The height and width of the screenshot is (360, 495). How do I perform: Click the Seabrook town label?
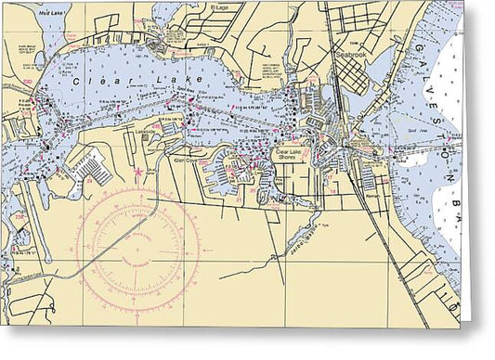(351, 53)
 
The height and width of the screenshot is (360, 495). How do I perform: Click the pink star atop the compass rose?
(138, 172)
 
